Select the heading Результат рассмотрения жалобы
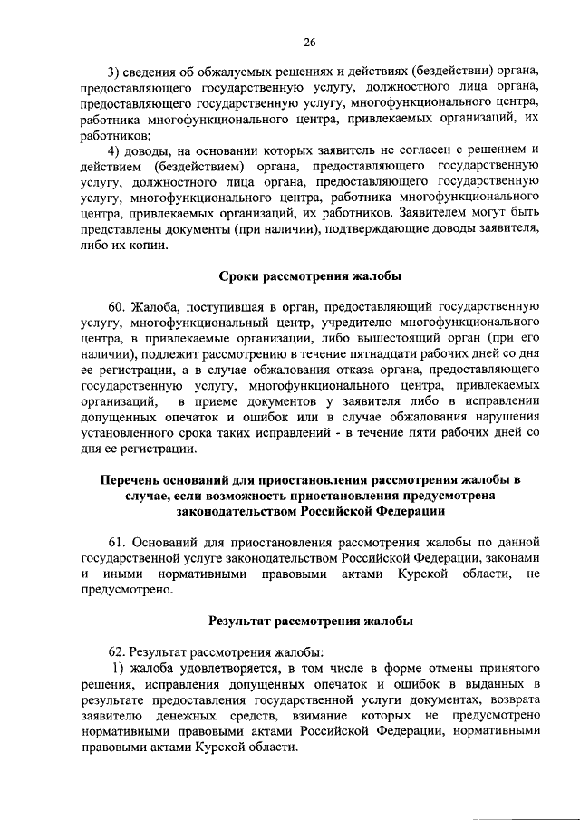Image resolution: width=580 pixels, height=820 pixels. click(x=311, y=622)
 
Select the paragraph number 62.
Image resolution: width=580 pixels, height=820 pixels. click(x=118, y=652)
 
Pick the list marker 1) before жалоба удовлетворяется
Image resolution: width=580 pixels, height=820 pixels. click(x=118, y=670)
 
